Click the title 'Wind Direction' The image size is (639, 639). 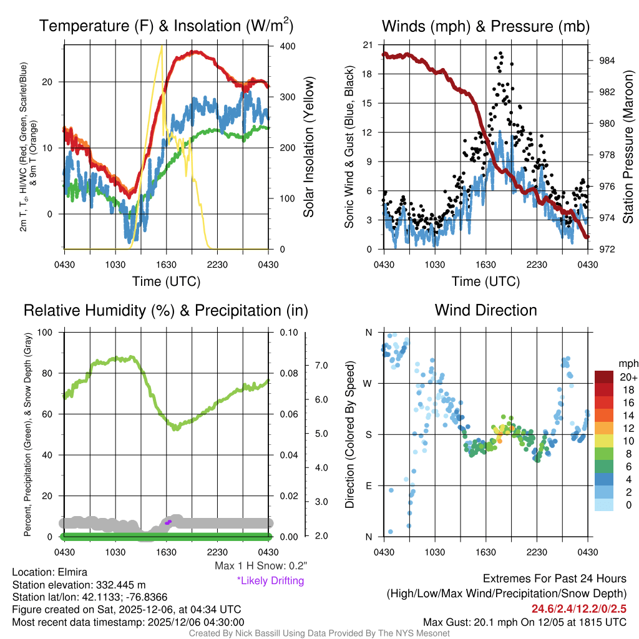(x=485, y=310)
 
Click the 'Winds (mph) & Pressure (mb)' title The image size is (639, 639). (x=485, y=26)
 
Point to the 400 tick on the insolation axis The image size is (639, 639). (x=288, y=47)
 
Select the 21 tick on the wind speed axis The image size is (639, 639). (x=368, y=45)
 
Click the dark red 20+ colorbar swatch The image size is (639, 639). (x=605, y=378)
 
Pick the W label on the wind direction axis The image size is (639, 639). (x=368, y=383)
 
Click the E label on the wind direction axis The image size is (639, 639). (x=369, y=485)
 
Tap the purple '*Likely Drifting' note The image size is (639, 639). (x=270, y=580)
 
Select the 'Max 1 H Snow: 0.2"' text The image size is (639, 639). (x=261, y=567)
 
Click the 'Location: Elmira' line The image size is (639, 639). (x=50, y=572)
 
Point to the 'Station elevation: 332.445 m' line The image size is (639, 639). (x=79, y=585)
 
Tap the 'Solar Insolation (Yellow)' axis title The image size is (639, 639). (x=308, y=147)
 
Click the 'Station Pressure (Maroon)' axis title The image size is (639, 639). (x=628, y=147)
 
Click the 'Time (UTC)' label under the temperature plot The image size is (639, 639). (x=166, y=281)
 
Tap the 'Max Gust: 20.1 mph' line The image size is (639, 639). (x=524, y=622)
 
